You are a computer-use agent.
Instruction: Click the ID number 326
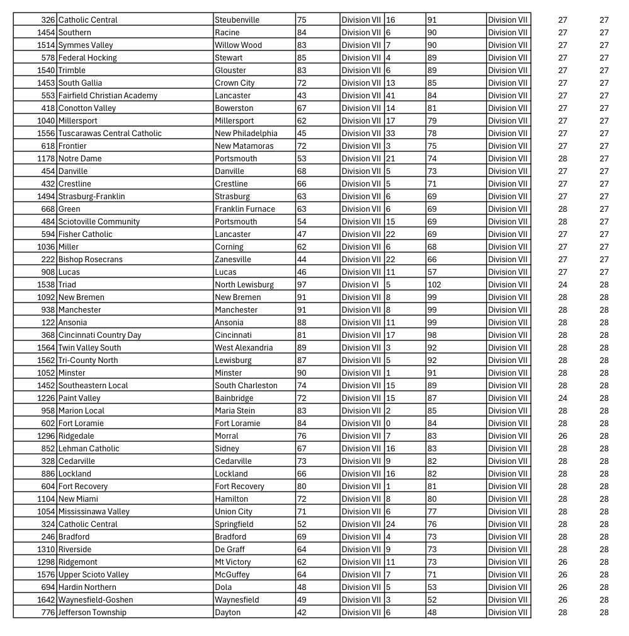tap(48, 20)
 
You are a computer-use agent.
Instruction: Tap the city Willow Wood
tap(238, 45)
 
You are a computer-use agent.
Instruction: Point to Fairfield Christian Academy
tap(108, 95)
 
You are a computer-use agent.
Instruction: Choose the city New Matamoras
tap(244, 146)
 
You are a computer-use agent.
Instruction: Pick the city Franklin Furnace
tap(245, 209)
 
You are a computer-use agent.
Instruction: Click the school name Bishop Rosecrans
tap(90, 259)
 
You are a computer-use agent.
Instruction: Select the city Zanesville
tap(233, 259)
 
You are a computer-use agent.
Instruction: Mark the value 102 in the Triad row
tap(434, 284)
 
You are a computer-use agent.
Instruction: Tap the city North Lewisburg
tap(244, 284)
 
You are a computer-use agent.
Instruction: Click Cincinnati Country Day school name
tap(99, 335)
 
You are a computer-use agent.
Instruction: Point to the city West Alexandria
tap(244, 347)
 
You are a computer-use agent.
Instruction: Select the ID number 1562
tap(46, 360)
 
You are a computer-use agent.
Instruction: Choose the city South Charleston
tap(246, 385)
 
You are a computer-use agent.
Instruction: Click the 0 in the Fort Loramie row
tap(388, 423)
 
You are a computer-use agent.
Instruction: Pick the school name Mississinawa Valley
tap(94, 511)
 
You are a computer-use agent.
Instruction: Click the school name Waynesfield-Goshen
tap(96, 599)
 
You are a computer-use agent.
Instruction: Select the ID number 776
tap(48, 612)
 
